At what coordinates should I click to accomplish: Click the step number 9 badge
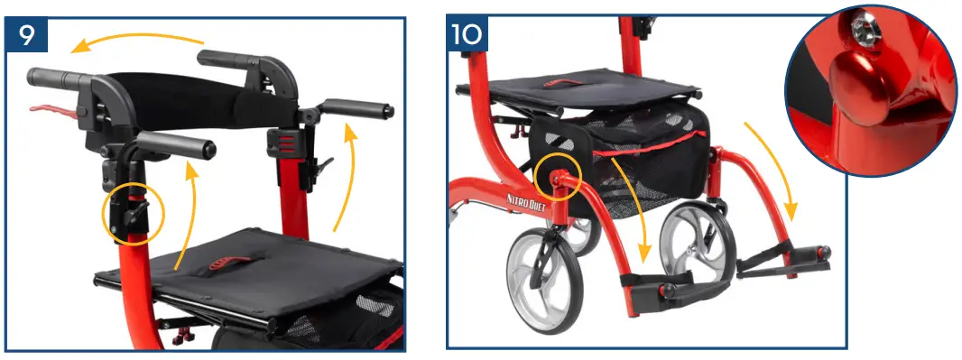point(26,36)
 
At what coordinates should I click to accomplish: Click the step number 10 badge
point(467,36)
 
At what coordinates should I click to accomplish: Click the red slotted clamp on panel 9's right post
point(282,143)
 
